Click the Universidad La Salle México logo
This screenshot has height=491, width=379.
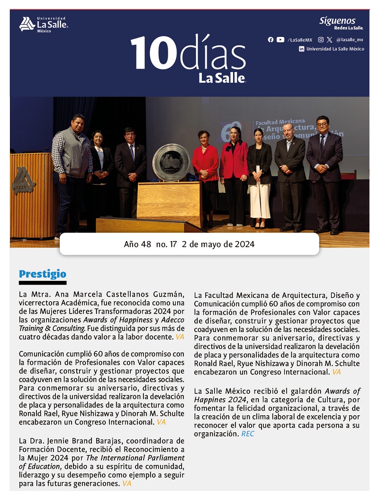tap(43, 24)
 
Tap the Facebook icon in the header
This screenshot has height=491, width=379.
tap(271, 40)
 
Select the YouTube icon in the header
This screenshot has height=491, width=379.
tap(280, 40)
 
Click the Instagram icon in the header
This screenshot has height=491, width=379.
tap(321, 40)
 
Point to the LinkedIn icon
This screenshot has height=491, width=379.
tap(301, 49)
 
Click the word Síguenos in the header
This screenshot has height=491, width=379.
tap(337, 21)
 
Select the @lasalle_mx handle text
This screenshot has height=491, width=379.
tap(350, 40)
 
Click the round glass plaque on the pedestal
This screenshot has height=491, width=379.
tap(171, 162)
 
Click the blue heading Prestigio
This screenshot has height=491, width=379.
tap(42, 274)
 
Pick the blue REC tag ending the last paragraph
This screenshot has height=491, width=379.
tap(247, 434)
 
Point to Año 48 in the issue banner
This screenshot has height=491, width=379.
tap(137, 244)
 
